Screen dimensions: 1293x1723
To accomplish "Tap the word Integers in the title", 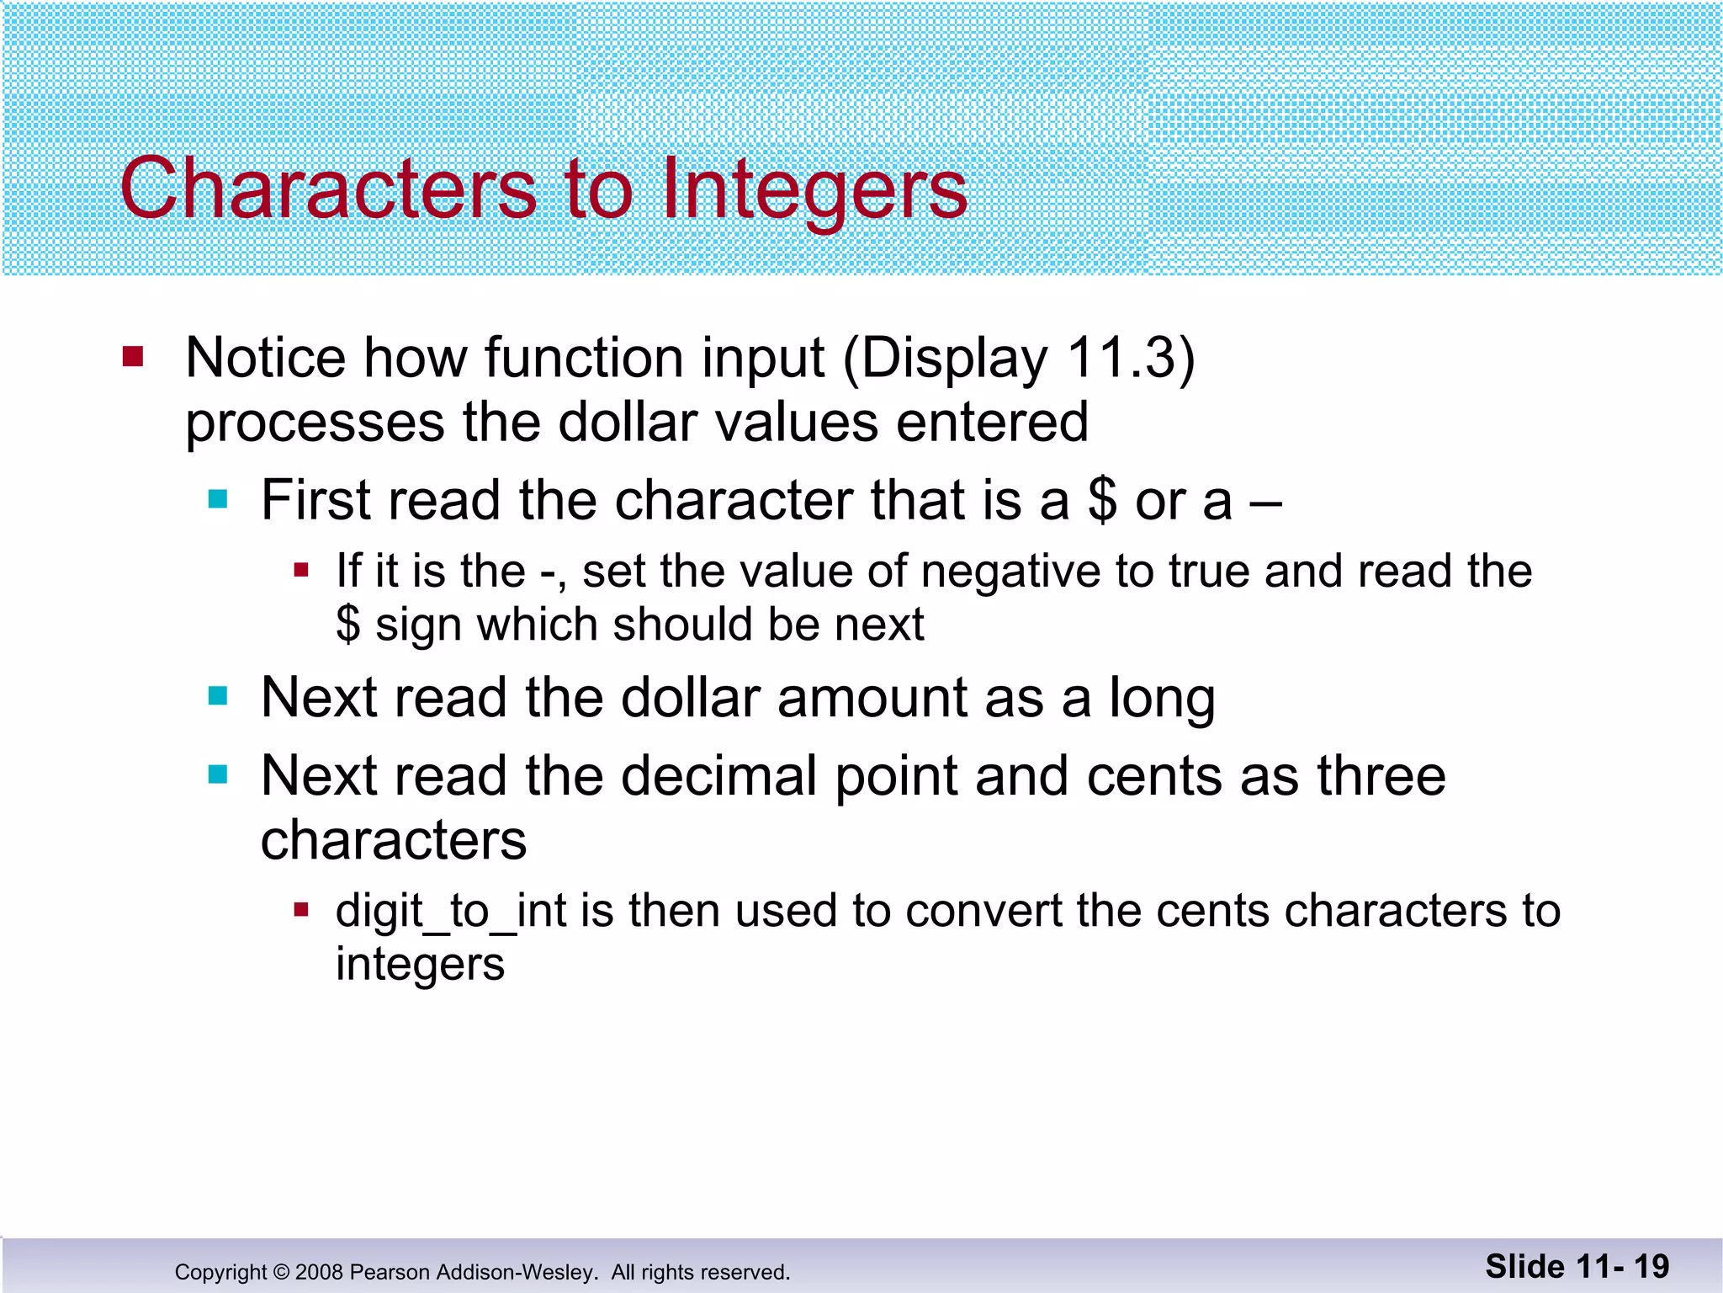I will click(814, 189).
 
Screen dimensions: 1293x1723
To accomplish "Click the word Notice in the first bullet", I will click(265, 358).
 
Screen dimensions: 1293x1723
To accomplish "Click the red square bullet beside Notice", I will click(133, 356).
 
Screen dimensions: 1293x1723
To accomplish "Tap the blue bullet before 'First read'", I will click(218, 499).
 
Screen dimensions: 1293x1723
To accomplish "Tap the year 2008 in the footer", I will click(319, 1272).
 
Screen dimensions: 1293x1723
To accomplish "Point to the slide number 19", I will click(1651, 1266).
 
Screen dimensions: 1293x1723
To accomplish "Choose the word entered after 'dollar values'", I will click(992, 422).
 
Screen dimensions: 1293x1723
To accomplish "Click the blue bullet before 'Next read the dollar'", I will click(218, 697).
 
